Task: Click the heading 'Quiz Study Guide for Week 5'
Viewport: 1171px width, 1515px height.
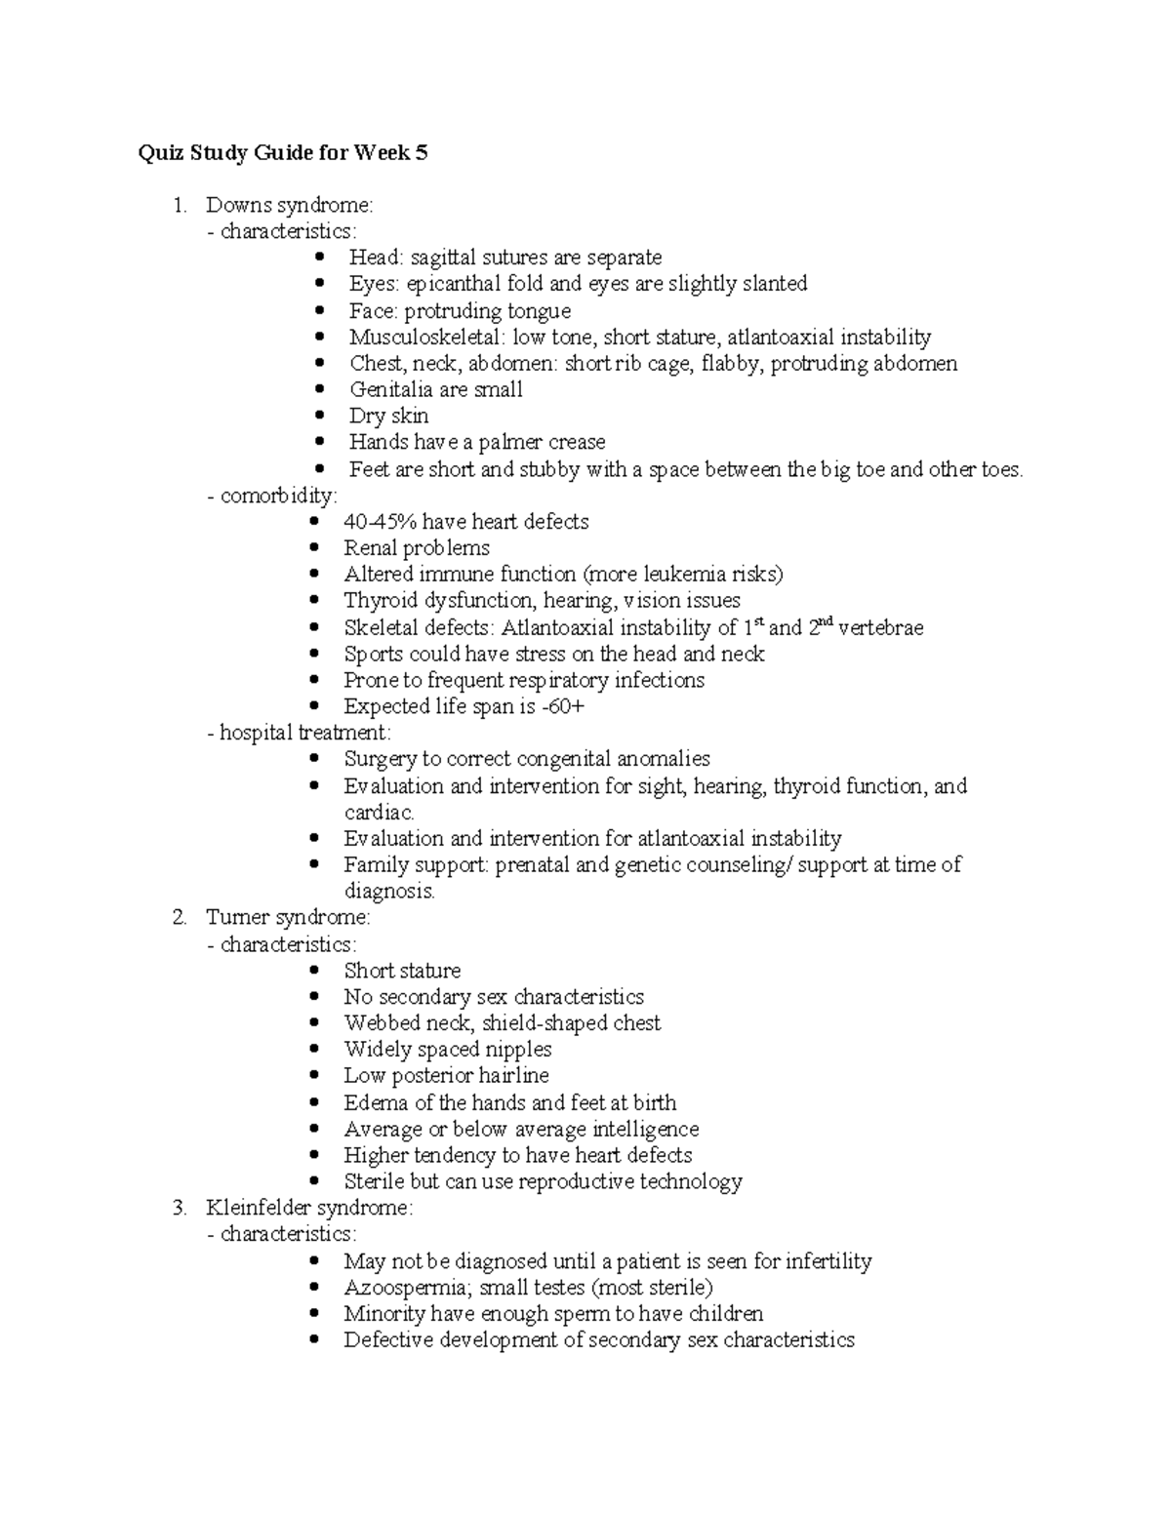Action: pos(283,153)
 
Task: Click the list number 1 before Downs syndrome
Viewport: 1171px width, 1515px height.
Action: pos(179,206)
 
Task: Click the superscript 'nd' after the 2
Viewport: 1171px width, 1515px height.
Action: pos(826,621)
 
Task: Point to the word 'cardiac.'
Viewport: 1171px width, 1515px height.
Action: pos(380,813)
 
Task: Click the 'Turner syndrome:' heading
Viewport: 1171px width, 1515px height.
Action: pos(288,918)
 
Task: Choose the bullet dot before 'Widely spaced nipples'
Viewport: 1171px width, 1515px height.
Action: pos(314,1050)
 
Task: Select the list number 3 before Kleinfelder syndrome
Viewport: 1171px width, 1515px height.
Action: pos(179,1209)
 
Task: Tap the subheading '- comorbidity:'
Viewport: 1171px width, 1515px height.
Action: pos(272,496)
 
